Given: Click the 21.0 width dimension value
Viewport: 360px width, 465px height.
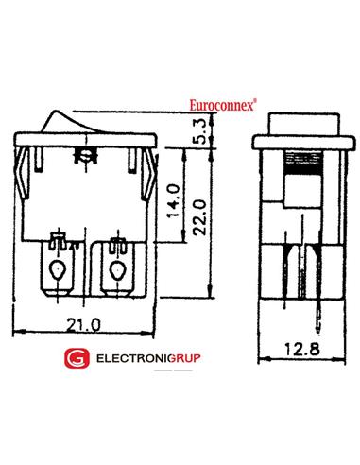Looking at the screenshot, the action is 83,325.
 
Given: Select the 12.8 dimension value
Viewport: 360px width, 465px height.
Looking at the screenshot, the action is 302,349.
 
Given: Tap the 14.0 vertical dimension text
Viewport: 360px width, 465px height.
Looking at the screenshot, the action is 174,201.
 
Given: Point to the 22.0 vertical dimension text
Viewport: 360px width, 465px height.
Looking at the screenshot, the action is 199,218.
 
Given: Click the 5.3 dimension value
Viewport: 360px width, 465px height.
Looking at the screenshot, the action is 200,131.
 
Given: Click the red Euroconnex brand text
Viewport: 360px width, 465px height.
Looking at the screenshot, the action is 223,105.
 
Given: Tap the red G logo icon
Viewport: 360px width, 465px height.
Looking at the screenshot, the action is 77,358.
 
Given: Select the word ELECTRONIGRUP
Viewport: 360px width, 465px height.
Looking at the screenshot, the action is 148,358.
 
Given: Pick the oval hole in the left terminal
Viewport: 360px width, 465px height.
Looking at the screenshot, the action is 57,270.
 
